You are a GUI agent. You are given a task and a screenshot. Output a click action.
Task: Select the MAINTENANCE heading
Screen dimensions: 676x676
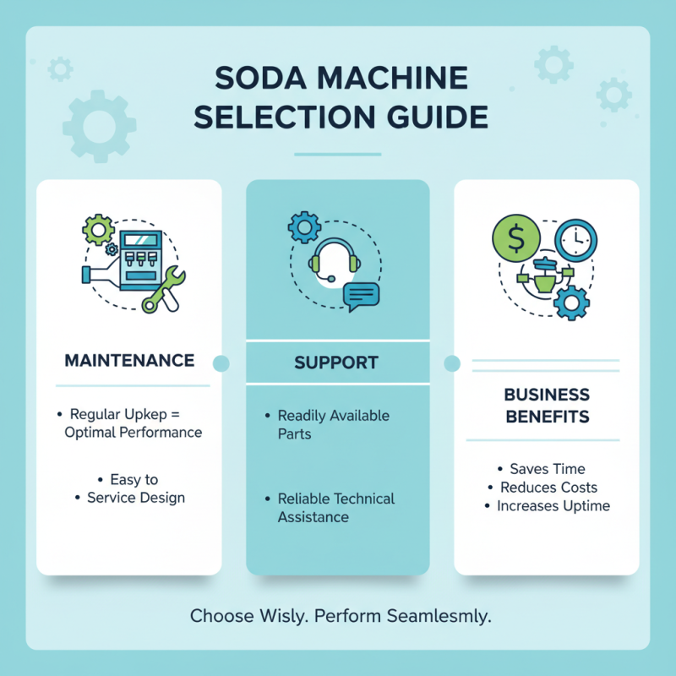coord(129,361)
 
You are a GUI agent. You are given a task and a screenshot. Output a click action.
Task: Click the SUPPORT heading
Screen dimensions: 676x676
coord(336,363)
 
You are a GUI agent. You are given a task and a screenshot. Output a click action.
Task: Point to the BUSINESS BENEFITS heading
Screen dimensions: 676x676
coord(546,406)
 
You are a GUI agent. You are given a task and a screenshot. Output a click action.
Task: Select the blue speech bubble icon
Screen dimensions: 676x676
coord(362,296)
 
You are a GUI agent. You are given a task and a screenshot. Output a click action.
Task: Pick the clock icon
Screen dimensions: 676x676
coord(576,241)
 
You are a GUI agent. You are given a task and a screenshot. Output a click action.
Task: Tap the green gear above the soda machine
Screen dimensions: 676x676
coord(99,229)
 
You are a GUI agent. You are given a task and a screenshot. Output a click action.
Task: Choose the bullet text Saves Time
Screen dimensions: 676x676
coord(547,469)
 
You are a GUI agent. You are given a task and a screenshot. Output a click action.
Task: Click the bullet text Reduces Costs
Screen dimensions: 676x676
coord(548,488)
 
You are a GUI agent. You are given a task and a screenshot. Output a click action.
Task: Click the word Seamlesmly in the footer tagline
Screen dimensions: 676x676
coord(438,616)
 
